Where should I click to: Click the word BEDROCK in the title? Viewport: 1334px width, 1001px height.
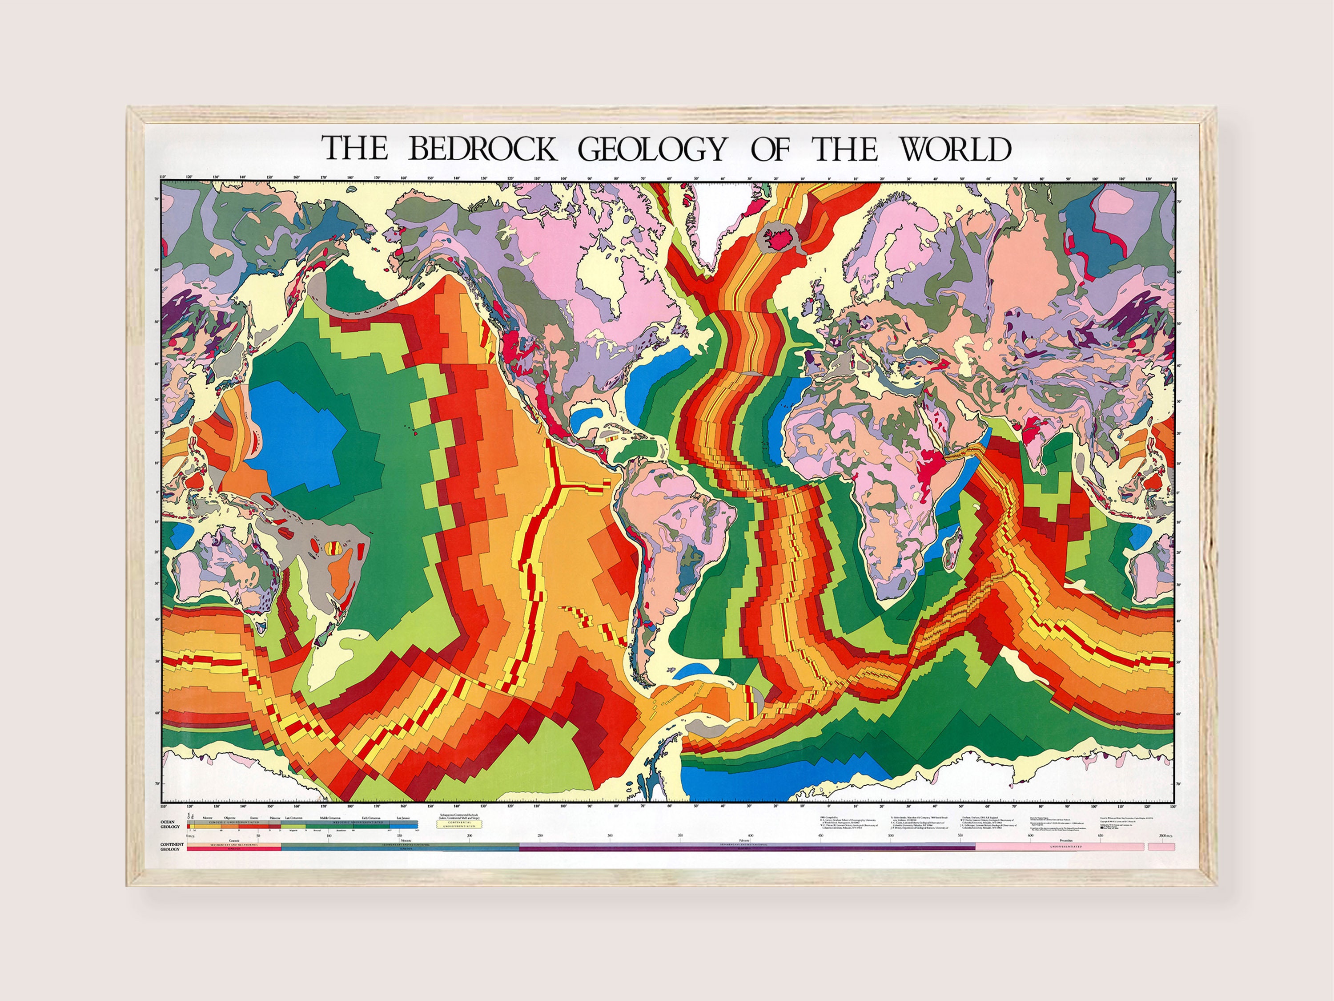pyautogui.click(x=482, y=149)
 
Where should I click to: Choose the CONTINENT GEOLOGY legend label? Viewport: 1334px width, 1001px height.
pyautogui.click(x=171, y=847)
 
